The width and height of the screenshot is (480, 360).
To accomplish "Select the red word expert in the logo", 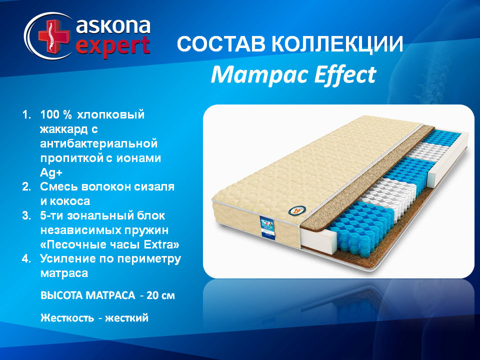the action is pyautogui.click(x=112, y=46).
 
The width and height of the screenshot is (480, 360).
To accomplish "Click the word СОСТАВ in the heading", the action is pyautogui.click(x=221, y=44).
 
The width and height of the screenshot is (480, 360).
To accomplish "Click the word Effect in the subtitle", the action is pyautogui.click(x=345, y=74).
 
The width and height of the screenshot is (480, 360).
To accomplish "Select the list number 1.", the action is pyautogui.click(x=26, y=115).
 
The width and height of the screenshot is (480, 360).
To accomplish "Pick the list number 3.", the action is pyautogui.click(x=26, y=216).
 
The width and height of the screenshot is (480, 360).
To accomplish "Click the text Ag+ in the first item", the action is pyautogui.click(x=51, y=172).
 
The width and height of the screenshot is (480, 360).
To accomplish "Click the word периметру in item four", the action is pyautogui.click(x=149, y=259).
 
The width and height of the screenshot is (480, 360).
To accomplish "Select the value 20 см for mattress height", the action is pyautogui.click(x=160, y=295).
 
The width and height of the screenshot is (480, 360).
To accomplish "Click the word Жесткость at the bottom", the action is pyautogui.click(x=67, y=318).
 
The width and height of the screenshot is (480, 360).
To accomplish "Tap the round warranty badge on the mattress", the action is pyautogui.click(x=297, y=210).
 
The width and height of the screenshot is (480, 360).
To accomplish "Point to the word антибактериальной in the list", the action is pyautogui.click(x=99, y=143).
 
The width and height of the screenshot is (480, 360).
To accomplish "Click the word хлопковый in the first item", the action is pyautogui.click(x=110, y=115).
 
